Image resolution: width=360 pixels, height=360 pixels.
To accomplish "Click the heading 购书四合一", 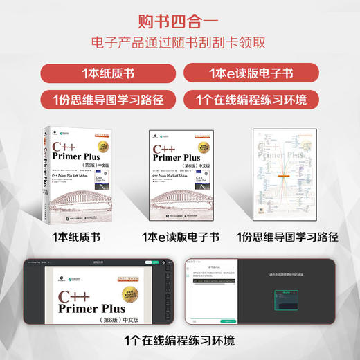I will (179, 19).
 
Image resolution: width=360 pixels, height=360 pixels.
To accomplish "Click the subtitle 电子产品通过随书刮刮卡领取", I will (179, 42).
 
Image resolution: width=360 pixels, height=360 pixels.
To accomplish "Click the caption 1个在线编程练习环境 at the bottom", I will (179, 340).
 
